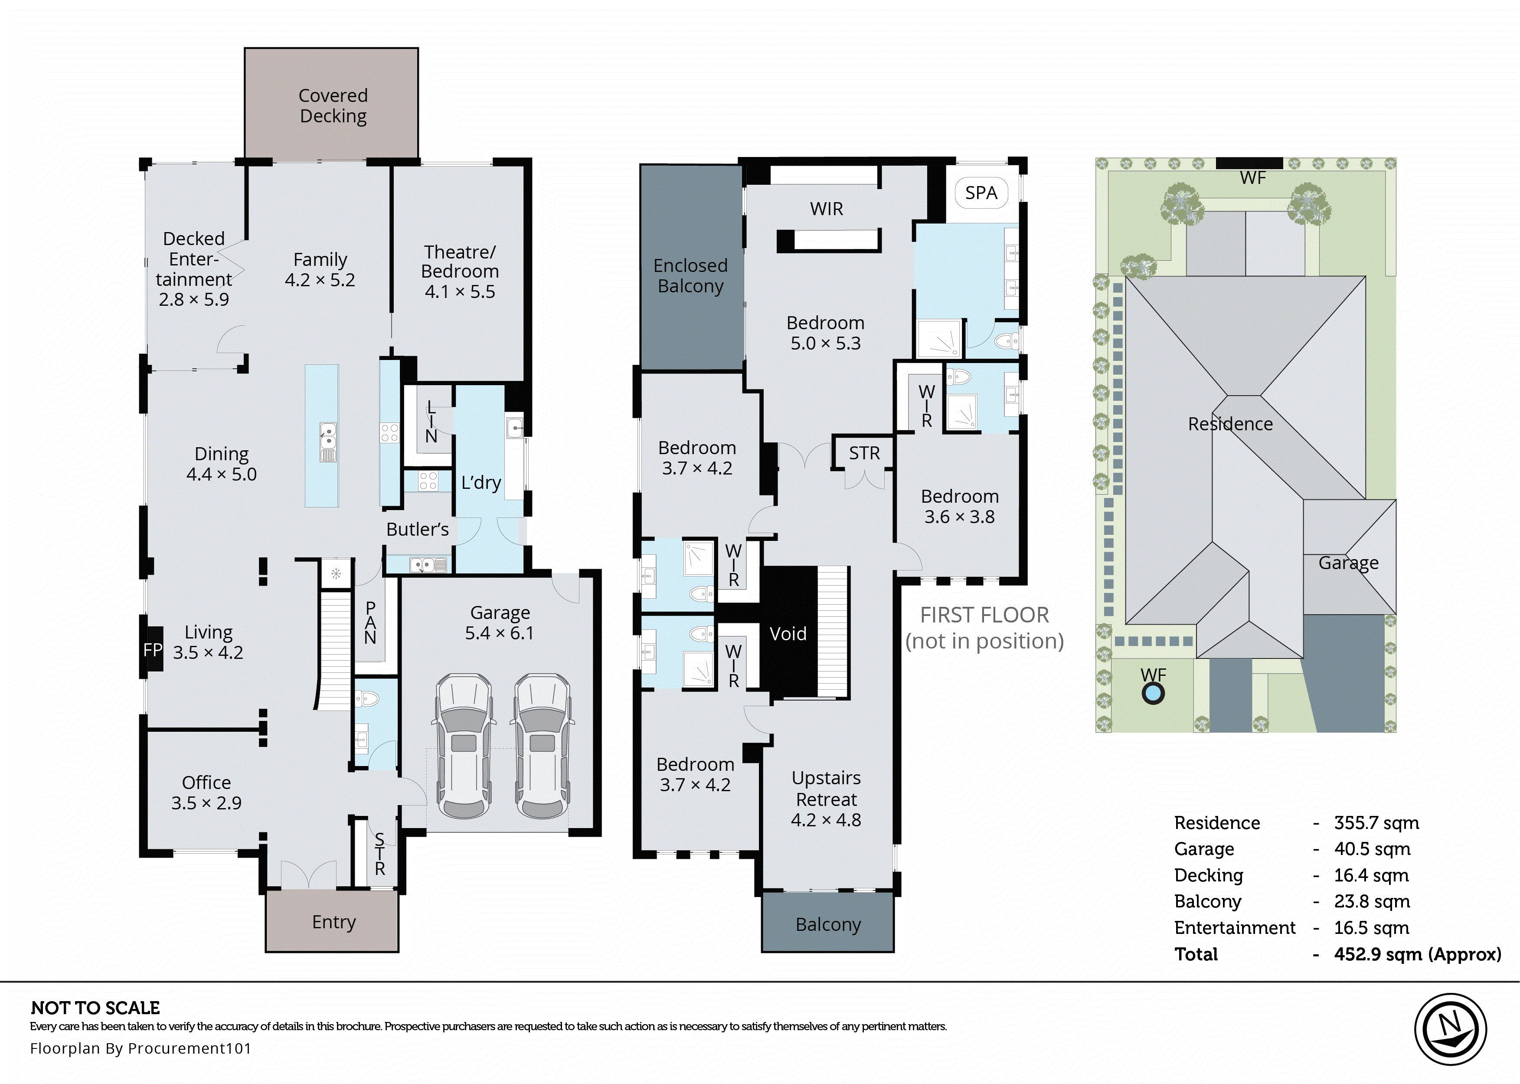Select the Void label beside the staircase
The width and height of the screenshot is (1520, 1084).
pos(788,633)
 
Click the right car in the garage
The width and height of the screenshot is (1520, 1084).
pos(542,746)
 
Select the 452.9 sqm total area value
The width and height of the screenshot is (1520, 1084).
pos(1417,954)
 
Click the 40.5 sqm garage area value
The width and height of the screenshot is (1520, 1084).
pos(1371,849)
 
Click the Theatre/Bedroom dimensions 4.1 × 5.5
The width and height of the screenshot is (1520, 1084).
pos(460,291)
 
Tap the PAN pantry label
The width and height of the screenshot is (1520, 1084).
pos(370,622)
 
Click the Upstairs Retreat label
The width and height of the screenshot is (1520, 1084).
pos(826,788)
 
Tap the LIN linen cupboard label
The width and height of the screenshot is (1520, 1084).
pos(431,422)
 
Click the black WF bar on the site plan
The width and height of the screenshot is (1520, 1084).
pos(1249,163)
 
